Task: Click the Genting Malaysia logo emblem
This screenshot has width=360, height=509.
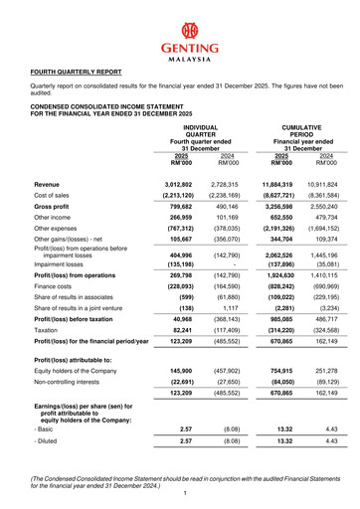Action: [181, 28]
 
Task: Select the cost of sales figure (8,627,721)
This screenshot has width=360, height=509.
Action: [280, 197]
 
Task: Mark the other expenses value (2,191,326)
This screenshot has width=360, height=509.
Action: [280, 240]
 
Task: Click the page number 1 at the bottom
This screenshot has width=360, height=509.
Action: [180, 494]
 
